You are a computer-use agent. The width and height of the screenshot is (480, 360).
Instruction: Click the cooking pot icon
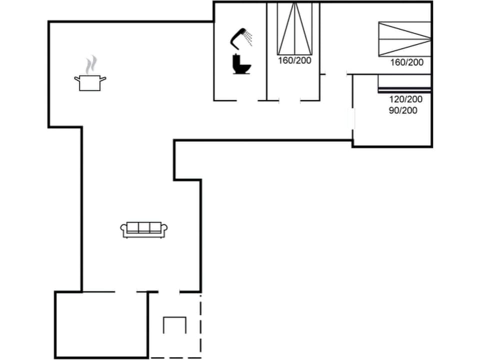(x=90, y=82)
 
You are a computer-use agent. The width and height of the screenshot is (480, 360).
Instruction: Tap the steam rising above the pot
(x=90, y=64)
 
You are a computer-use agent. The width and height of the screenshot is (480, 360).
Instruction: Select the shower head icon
(x=241, y=38)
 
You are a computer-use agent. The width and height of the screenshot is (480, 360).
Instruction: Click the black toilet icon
(x=242, y=64)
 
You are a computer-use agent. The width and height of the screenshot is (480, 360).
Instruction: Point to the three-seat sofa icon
(x=144, y=229)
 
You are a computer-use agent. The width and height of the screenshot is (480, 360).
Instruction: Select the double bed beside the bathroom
(x=298, y=28)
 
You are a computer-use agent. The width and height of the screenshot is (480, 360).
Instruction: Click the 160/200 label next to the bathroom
(x=294, y=60)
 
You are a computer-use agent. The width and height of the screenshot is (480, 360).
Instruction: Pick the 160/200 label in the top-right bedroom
(x=407, y=62)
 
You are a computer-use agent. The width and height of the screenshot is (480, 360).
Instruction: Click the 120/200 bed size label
(x=405, y=99)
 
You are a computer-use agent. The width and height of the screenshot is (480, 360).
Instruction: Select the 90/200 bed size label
(x=402, y=110)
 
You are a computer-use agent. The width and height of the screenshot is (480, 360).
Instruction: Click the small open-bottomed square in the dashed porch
(x=174, y=325)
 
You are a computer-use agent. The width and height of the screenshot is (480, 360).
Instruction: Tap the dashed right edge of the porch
(x=201, y=325)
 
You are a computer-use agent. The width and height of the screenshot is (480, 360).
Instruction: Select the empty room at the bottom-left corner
(x=101, y=325)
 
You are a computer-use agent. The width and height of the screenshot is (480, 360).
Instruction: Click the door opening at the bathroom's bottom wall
(x=247, y=100)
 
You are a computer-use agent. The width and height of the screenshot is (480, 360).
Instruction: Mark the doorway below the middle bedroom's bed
(x=289, y=100)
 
